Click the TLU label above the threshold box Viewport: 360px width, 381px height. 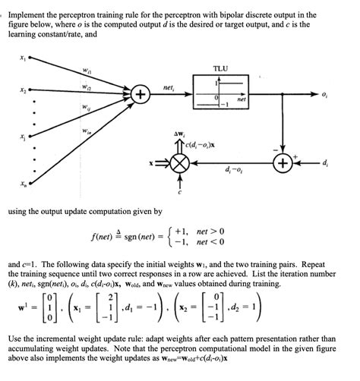221,68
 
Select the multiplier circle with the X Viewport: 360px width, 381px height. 181,163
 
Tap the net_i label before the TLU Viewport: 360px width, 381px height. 169,88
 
